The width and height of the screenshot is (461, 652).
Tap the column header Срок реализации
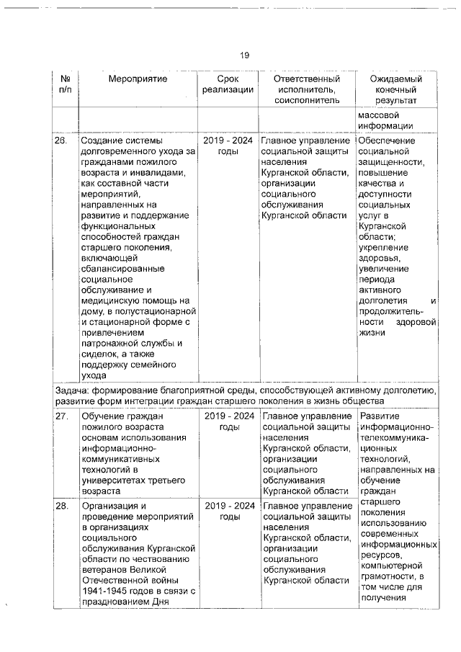(x=228, y=84)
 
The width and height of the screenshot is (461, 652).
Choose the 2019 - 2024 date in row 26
(x=228, y=140)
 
